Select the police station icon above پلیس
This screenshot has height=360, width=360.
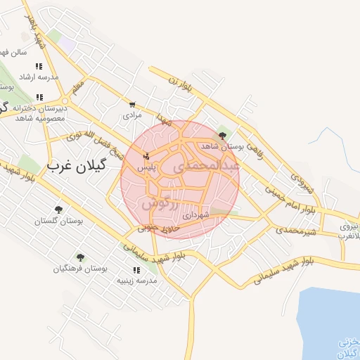click(146, 156)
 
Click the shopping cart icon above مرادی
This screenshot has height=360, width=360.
click(131, 103)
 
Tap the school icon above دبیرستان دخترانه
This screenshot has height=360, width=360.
click(40, 97)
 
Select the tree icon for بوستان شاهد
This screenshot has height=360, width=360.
click(223, 136)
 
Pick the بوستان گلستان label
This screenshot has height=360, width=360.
click(59, 221)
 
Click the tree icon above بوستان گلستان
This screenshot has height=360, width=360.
click(59, 210)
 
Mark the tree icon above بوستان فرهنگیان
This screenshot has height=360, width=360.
click(80, 257)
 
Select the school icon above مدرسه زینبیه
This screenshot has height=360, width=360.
click(136, 269)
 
